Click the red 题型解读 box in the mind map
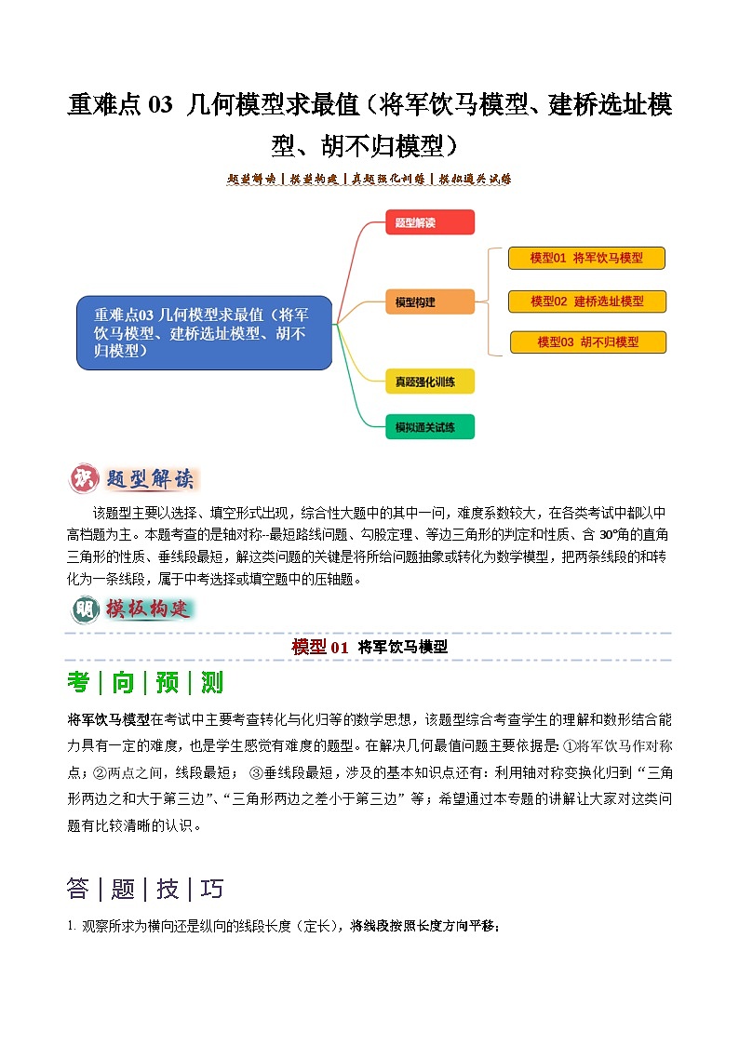pos(429,222)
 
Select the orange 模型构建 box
pos(429,301)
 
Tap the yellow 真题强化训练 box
pos(429,381)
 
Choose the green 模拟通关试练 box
pos(429,427)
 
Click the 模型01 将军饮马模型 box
pos(586,258)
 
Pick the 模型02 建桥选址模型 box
pos(586,301)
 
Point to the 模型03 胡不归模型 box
pos(587,342)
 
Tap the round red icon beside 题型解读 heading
pos(84,479)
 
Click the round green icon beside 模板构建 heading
pos(84,610)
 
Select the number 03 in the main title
pos(159,106)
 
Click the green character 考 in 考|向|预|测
pos(78,682)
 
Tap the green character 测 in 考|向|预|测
pos(212,682)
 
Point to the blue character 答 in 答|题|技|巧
pos(78,889)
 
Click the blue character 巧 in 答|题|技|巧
pos(212,889)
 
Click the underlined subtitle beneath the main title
pos(369,179)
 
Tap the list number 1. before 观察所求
pos(71,926)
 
